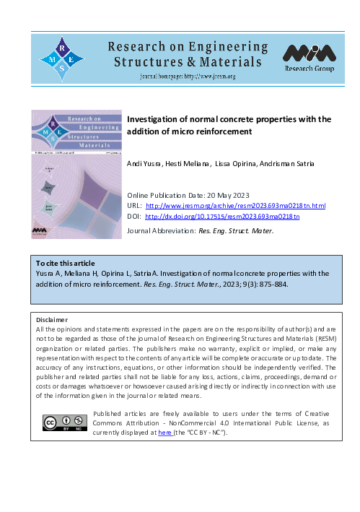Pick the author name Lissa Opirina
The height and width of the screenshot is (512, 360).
tap(238, 165)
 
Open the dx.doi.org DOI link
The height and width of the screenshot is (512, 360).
tap(222, 216)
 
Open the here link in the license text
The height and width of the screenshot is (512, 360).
tap(164, 432)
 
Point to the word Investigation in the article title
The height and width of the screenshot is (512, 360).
tap(150, 119)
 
